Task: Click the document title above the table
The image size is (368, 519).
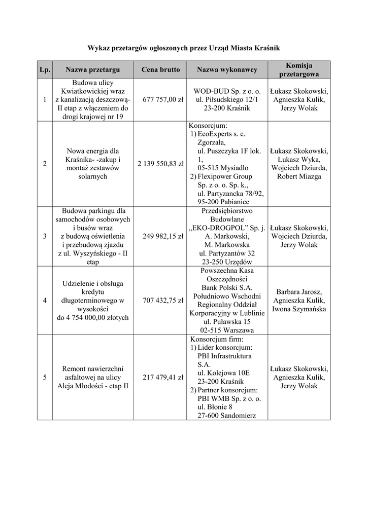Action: [x=184, y=48]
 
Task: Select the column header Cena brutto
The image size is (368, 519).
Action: [x=160, y=69]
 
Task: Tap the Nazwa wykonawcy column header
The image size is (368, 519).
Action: [x=227, y=69]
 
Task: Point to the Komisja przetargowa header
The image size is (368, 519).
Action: [x=299, y=69]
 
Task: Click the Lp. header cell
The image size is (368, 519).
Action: [x=45, y=69]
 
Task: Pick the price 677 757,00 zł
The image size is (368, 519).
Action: [x=160, y=100]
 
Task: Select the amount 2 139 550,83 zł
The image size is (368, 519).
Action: [x=160, y=164]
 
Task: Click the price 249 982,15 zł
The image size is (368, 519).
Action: [x=160, y=236]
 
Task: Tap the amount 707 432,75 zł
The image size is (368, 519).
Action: [x=160, y=300]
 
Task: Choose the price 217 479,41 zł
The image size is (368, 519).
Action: [x=160, y=377]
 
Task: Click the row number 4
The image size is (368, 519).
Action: [x=45, y=300]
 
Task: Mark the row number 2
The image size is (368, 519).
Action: [x=45, y=164]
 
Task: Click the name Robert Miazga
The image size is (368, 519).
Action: [x=299, y=176]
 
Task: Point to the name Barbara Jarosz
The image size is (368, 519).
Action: [x=299, y=291]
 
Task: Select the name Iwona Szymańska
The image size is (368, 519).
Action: [x=299, y=309]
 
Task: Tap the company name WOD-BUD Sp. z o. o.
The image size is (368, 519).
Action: [x=227, y=91]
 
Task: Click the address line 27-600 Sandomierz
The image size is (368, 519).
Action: [x=226, y=416]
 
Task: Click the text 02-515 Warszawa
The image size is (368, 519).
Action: [x=227, y=330]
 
